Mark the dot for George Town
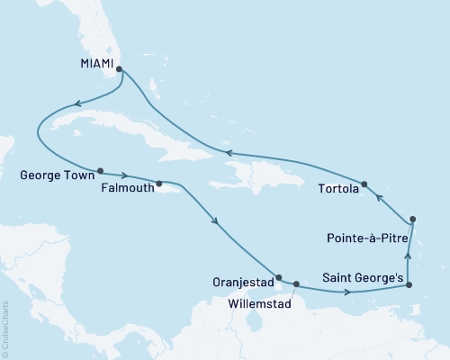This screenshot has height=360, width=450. point(100,169)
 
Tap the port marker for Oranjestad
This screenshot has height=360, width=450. point(279,277)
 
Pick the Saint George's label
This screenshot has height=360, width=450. point(362,278)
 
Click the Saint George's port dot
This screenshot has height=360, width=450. point(409,284)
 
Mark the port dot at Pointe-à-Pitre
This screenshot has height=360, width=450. point(412,219)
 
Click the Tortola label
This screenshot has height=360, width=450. point(337,189)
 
